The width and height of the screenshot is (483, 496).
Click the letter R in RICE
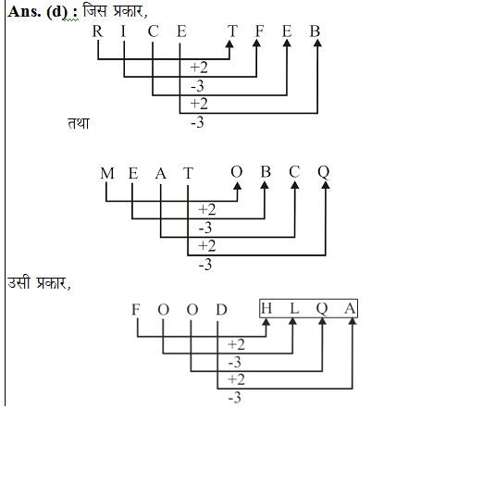[x=97, y=31]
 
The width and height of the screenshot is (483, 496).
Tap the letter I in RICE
[x=123, y=31]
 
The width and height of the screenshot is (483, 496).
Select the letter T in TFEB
[x=232, y=31]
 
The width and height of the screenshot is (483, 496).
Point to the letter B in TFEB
[x=315, y=31]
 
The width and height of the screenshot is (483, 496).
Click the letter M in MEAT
[x=107, y=173]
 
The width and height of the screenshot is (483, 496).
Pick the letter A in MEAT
[x=161, y=173]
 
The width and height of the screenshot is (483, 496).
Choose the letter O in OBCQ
[x=237, y=172]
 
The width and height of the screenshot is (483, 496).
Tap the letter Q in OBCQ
[x=324, y=173]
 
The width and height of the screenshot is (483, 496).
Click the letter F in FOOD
[x=136, y=309]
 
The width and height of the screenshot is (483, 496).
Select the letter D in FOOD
[x=221, y=309]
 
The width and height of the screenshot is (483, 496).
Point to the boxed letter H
[x=266, y=308]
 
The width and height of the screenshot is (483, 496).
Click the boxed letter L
[x=294, y=308]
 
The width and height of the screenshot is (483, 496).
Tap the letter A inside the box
[x=350, y=308]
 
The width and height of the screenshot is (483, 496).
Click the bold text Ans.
[x=24, y=12]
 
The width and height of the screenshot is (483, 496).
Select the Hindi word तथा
[x=79, y=123]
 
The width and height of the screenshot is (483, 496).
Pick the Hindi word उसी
[x=19, y=282]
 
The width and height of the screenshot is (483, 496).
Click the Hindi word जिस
[x=95, y=11]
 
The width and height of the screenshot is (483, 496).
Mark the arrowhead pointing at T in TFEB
[x=229, y=44]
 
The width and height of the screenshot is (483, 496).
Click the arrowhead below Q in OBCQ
[x=326, y=185]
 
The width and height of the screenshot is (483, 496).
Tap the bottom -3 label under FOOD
[x=234, y=397]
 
